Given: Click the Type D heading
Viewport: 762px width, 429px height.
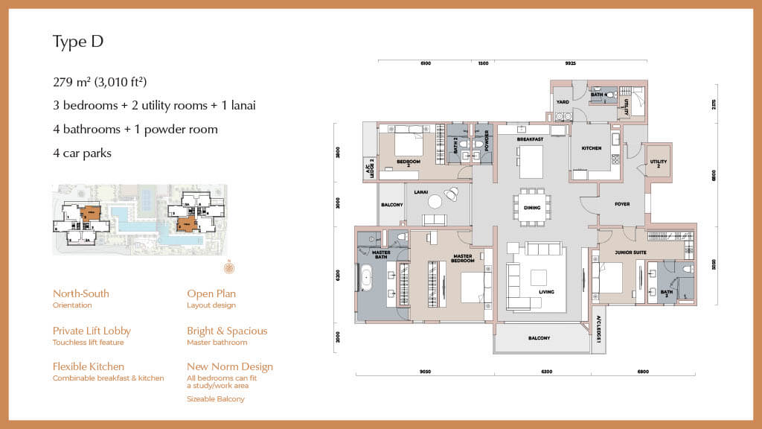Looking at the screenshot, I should tap(77, 42).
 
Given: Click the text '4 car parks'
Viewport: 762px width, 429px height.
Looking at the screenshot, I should tap(82, 153).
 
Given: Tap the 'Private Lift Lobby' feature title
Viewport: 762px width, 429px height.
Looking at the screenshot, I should tap(92, 331).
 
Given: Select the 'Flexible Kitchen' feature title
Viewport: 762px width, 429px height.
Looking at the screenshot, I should tap(89, 366).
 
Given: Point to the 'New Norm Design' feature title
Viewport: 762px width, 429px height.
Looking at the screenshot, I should tap(230, 366).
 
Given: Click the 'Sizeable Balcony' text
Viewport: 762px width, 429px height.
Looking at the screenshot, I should tap(216, 399).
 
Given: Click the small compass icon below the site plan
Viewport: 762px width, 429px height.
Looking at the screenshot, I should tap(228, 267).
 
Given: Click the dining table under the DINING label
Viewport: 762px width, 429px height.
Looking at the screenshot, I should tap(531, 206).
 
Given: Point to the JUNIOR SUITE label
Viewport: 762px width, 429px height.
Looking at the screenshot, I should tap(630, 253).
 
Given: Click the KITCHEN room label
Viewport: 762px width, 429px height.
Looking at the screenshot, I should tap(592, 148).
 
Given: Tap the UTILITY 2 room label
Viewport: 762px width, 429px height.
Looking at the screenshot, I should tap(659, 162).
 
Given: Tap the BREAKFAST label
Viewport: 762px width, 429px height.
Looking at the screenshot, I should tap(531, 139).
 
